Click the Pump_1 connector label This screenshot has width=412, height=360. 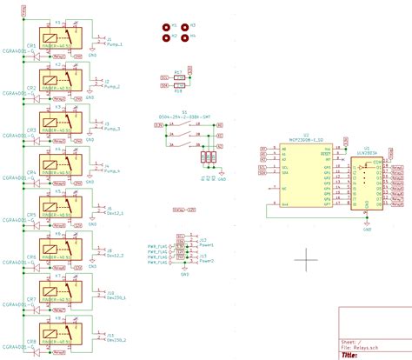pyautogui.click(x=114, y=43)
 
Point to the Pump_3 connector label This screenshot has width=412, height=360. pyautogui.click(x=114, y=128)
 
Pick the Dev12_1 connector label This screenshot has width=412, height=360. pyautogui.click(x=115, y=213)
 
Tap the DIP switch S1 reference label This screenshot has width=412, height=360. pyautogui.click(x=184, y=112)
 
